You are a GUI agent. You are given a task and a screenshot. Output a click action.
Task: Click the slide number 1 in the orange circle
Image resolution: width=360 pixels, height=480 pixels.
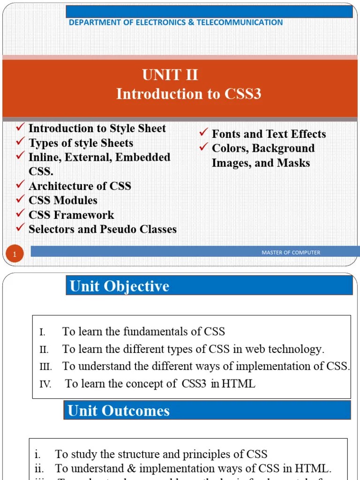click(15, 255)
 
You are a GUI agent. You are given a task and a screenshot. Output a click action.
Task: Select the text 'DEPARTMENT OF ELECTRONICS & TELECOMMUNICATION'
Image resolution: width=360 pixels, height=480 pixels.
click(176, 22)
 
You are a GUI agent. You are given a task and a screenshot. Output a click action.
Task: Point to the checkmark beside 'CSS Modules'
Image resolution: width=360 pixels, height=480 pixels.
click(20, 199)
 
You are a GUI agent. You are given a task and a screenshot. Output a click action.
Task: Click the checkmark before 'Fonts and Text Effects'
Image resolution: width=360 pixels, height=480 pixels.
click(203, 133)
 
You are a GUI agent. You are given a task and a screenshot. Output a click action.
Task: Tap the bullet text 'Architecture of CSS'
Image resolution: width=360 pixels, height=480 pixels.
click(80, 186)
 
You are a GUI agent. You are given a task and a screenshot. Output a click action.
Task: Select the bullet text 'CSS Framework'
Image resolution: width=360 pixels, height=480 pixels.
click(71, 215)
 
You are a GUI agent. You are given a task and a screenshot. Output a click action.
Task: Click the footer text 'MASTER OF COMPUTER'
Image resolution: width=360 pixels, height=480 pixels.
click(291, 253)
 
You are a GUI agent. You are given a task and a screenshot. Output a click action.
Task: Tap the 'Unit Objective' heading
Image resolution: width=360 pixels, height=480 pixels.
click(119, 286)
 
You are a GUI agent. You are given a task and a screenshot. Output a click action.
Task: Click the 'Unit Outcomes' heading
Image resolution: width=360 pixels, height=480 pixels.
click(119, 411)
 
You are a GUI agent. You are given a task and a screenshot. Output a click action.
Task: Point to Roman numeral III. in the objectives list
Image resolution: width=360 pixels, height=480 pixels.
click(45, 367)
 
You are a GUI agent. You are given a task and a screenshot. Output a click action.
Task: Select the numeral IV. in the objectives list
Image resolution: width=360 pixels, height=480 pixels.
click(45, 384)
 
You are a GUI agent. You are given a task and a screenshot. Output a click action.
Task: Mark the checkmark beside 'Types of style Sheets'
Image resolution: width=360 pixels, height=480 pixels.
click(20, 142)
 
